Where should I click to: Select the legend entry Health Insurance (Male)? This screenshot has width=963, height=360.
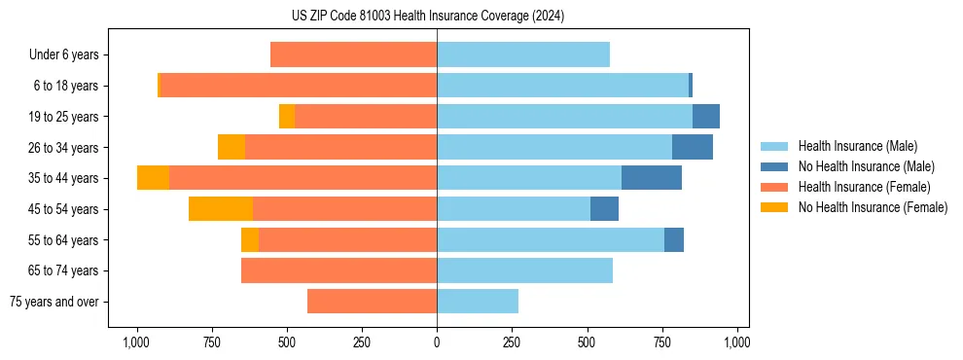857,146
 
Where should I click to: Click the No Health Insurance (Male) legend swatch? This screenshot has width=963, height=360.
774,166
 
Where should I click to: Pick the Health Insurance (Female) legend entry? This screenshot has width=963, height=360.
864,187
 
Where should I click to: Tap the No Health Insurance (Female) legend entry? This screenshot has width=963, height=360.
873,207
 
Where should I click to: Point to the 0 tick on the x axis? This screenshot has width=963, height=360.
437,342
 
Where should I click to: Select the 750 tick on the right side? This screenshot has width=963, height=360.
662,342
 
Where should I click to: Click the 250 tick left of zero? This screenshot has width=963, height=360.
362,342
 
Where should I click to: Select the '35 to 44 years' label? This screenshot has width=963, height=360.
63,178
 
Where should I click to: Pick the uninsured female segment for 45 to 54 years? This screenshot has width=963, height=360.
221,209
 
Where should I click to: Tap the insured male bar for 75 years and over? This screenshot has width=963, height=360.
478,302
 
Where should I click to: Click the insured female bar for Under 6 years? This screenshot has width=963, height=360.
353,55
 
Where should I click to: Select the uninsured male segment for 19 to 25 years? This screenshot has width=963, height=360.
706,117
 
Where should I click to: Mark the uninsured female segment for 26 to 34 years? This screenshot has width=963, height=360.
232,147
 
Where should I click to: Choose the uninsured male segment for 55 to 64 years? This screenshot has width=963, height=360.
674,239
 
